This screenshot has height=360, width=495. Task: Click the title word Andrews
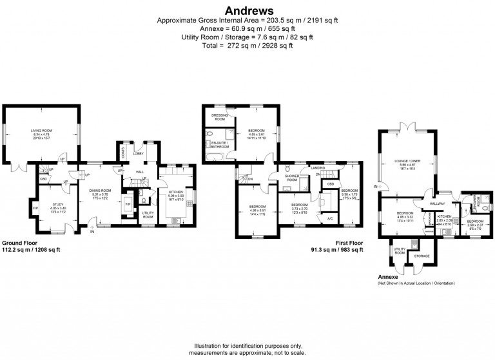(x=247, y=11)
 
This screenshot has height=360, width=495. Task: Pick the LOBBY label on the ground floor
(x=139, y=154)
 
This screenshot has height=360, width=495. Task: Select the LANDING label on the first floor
(x=317, y=168)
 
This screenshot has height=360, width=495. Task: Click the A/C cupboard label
(x=329, y=218)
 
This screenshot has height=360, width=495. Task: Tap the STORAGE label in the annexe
(x=422, y=256)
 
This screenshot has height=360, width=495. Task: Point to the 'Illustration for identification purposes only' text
(x=247, y=346)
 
